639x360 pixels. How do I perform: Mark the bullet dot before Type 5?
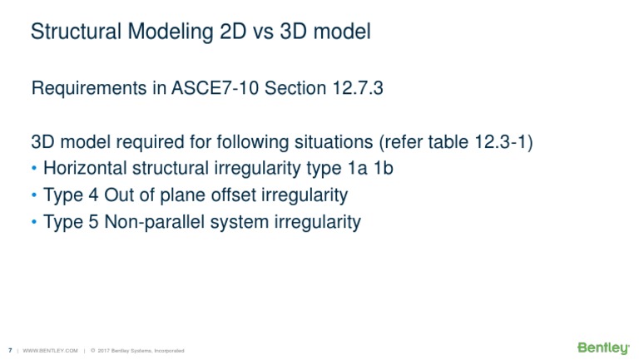34,222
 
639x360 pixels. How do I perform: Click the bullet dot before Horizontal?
34,169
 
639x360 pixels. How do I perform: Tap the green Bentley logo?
603,348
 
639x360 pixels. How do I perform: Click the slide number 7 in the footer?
9,350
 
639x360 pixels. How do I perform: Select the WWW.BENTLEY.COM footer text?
51,350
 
